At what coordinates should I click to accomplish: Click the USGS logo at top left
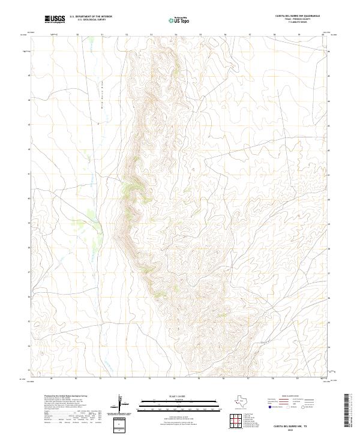55,19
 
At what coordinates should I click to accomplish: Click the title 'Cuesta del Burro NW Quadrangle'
297,16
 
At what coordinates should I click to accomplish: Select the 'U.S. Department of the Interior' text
91,16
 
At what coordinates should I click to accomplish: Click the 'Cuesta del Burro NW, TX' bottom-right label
298,426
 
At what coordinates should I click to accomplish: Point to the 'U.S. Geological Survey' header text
91,19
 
